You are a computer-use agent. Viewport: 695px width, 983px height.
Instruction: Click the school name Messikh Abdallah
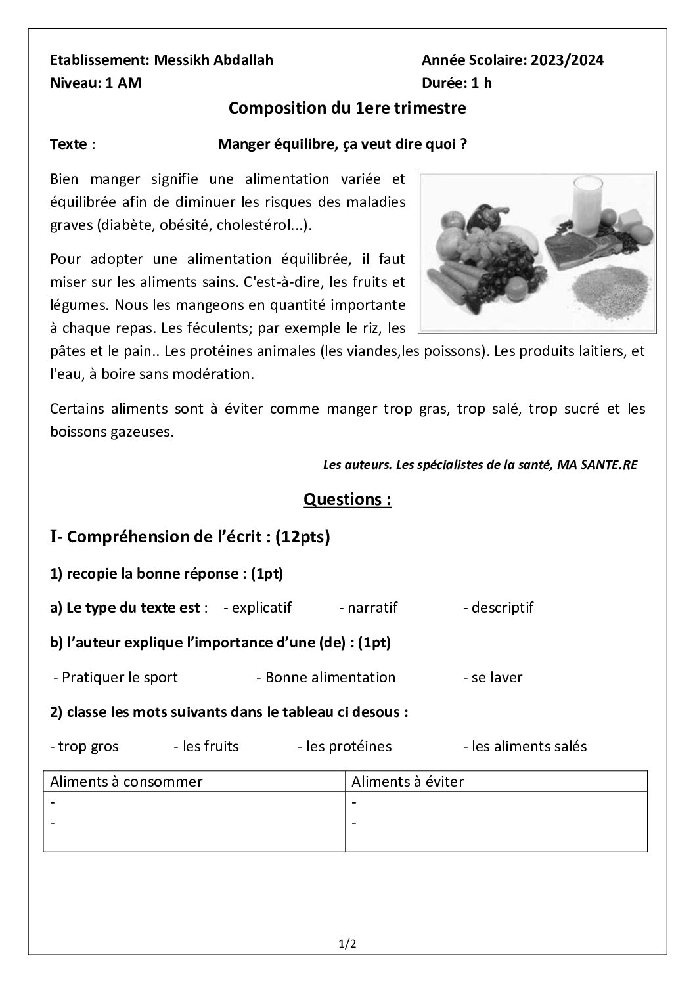click(x=213, y=60)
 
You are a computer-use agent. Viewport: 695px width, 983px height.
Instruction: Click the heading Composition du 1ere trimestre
click(x=347, y=108)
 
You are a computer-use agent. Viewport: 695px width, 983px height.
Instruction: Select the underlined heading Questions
click(x=347, y=500)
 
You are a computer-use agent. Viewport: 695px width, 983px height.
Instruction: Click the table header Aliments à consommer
click(x=126, y=781)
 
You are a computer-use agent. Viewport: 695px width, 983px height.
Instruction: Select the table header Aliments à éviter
click(x=408, y=781)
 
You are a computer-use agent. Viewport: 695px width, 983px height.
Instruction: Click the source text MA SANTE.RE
click(x=596, y=465)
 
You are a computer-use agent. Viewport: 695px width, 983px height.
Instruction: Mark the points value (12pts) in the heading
click(x=303, y=537)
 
